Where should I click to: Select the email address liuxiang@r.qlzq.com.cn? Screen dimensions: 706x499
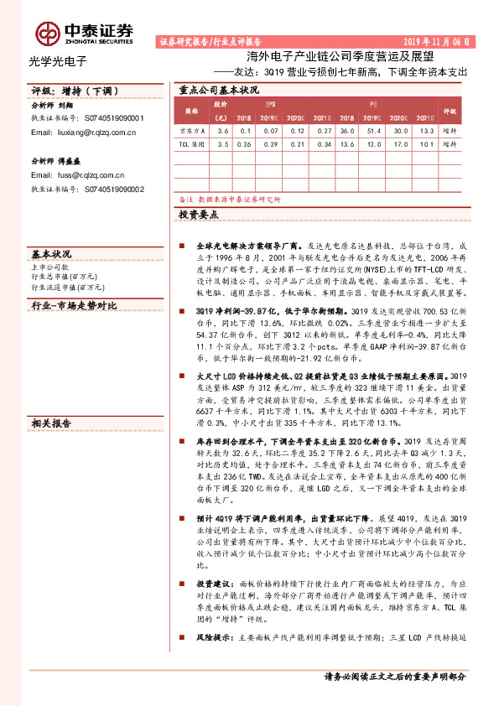[x=84, y=132]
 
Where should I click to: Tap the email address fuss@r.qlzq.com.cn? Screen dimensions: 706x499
[x=78, y=174]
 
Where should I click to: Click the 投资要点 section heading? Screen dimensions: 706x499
[x=198, y=215]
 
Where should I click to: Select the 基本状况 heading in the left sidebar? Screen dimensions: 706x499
[x=51, y=252]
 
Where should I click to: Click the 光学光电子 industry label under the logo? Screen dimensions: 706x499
[x=58, y=60]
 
